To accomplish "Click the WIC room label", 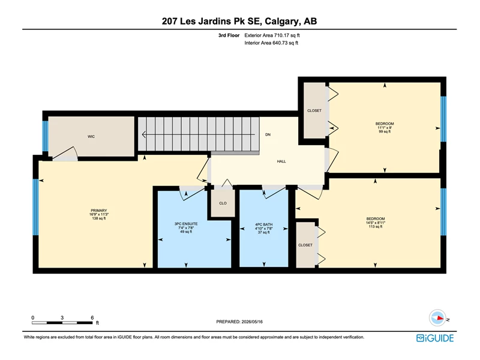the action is click(91, 137).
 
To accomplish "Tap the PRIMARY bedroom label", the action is click(98, 211).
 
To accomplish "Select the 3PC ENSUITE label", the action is click(186, 224).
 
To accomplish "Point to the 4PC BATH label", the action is click(264, 224).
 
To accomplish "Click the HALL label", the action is click(281, 161).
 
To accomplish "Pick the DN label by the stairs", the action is click(268, 134).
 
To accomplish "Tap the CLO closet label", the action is click(223, 203).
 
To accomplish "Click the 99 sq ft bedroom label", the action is click(385, 128).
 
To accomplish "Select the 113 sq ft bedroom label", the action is click(376, 223).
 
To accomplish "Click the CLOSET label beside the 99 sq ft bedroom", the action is click(314, 110).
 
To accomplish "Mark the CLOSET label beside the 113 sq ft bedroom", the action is click(305, 245).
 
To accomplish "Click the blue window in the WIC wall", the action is click(46, 136).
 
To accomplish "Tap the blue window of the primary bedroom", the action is click(36, 207).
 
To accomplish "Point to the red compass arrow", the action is click(440, 318).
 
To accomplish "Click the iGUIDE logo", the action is click(435, 338).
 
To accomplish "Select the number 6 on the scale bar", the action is click(92, 318).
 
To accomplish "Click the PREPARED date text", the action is click(239, 322).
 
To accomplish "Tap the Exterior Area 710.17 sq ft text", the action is click(272, 35).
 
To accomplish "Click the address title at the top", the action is click(239, 21).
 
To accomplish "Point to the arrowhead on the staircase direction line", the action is click(144, 134).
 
